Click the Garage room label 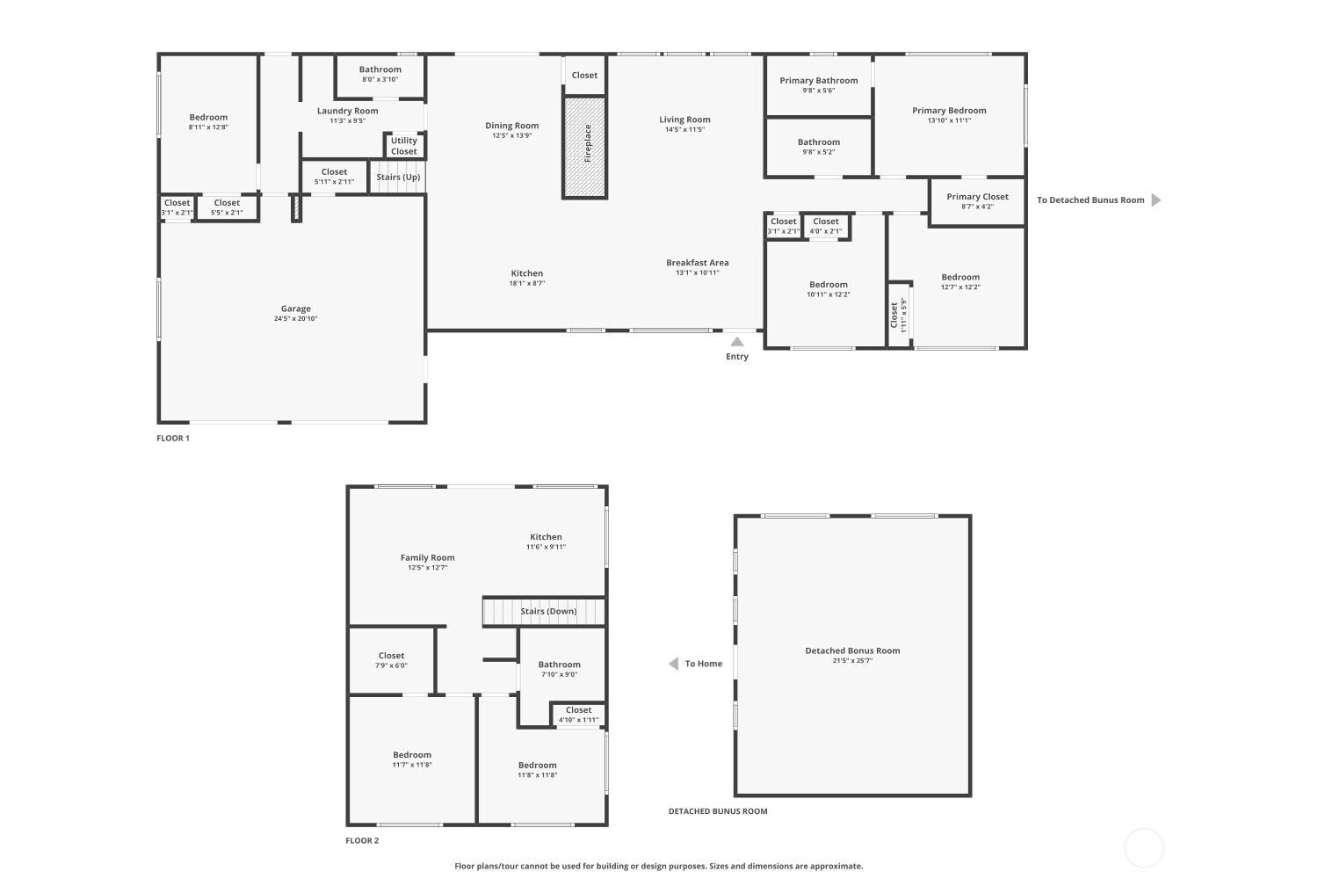point(295,309)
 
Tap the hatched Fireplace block point(584,147)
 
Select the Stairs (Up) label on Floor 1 point(398,178)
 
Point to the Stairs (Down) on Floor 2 point(544,612)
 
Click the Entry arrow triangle point(737,342)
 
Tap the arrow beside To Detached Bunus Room point(1156,200)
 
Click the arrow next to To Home point(674,664)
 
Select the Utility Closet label point(403,146)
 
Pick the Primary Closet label point(977,197)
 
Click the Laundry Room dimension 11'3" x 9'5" point(348,120)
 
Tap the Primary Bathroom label point(818,81)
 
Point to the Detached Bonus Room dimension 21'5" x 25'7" point(852,661)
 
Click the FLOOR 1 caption point(173,438)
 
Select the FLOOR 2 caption point(362,840)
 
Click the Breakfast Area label point(698,263)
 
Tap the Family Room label point(427,557)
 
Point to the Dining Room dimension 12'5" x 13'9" point(512,135)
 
